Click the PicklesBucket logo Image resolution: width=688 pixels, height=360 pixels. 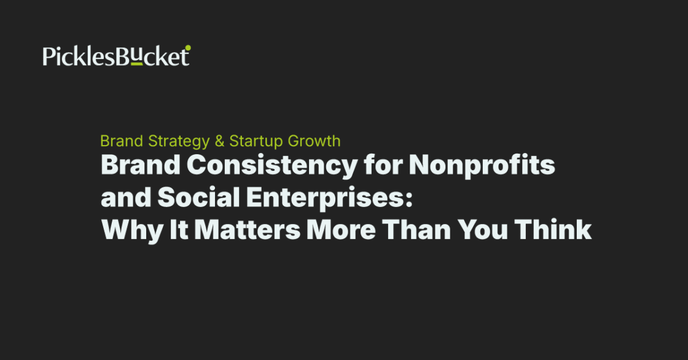[116, 56]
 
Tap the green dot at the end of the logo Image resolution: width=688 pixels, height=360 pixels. [188, 47]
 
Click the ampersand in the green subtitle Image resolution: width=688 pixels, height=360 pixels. [219, 141]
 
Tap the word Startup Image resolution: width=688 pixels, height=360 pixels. [252, 141]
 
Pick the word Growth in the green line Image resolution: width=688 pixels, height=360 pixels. [312, 141]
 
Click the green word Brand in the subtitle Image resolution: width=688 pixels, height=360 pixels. [122, 141]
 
